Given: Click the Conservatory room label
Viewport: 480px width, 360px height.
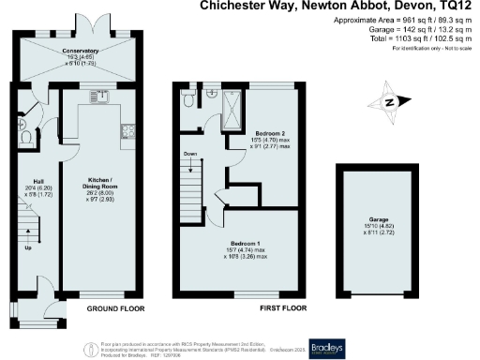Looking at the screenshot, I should (81, 52).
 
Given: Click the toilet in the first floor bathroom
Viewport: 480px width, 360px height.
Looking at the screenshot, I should (190, 98).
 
